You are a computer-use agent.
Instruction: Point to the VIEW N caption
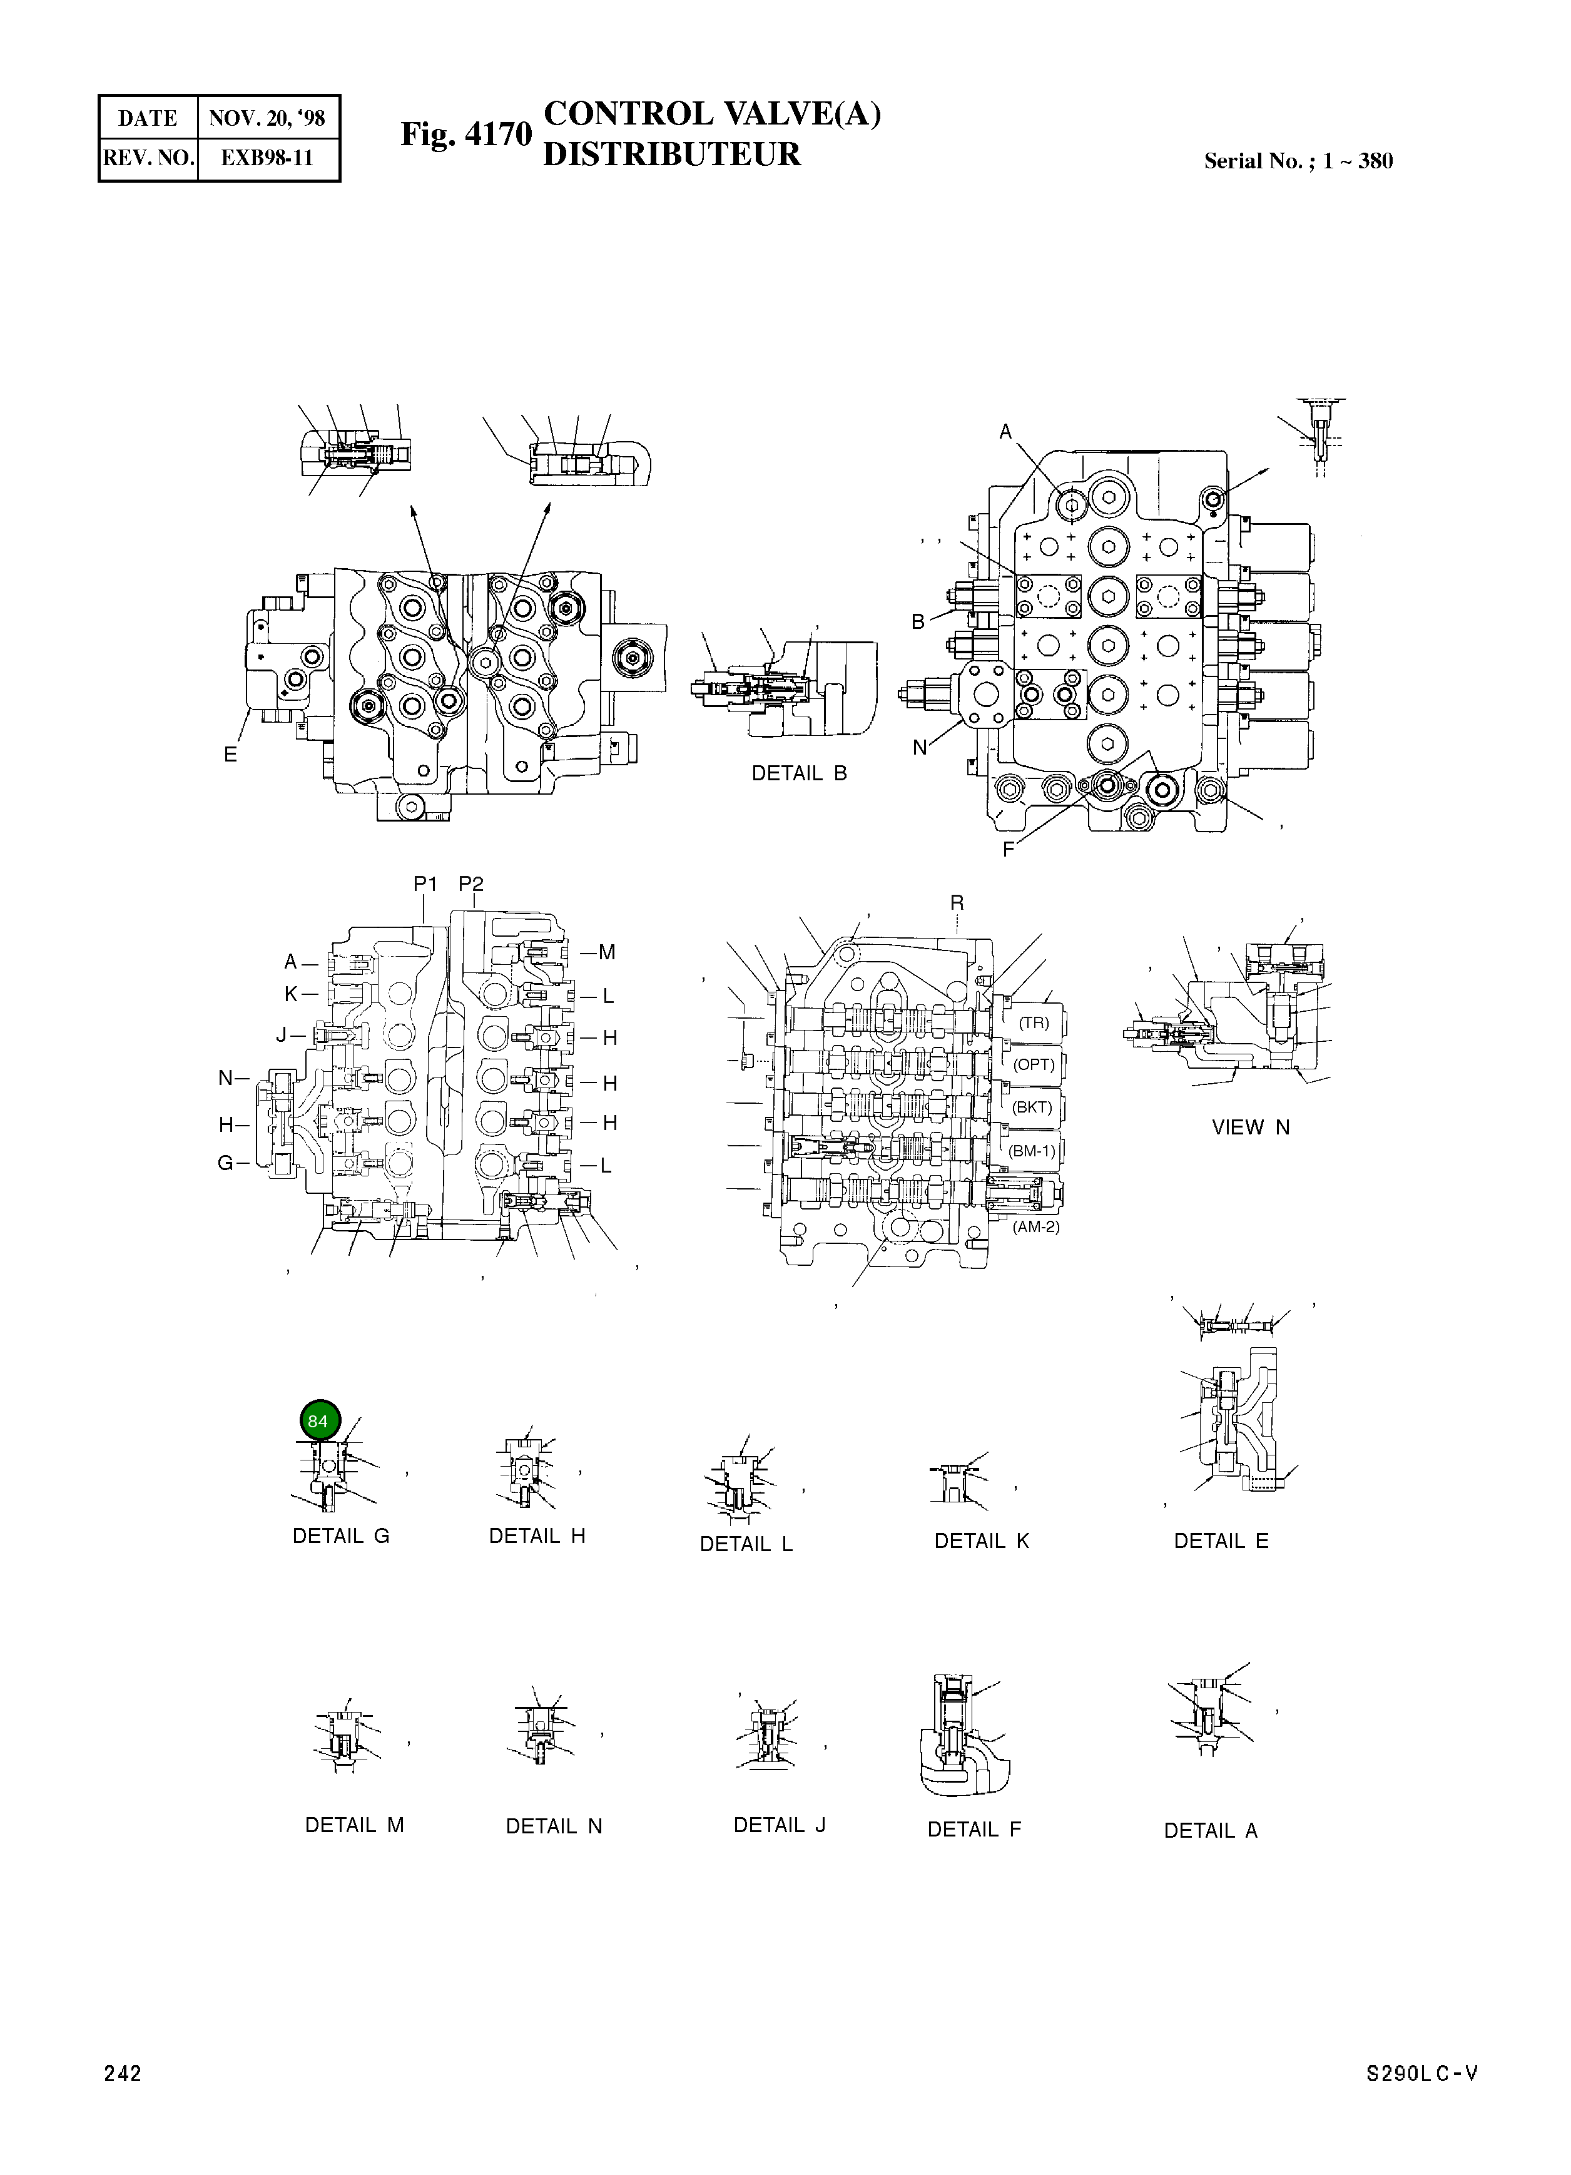point(1251,1128)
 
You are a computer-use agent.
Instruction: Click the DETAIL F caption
point(974,1830)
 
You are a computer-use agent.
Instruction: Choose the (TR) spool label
point(1034,1022)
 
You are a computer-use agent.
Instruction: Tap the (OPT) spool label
point(1034,1064)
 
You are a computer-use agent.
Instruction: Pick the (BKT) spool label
point(1033,1107)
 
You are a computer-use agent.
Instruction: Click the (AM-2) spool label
point(1036,1226)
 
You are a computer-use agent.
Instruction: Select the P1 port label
point(425,884)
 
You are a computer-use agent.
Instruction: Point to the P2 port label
point(471,884)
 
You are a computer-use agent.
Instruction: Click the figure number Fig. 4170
point(466,135)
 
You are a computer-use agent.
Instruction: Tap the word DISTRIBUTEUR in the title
point(671,155)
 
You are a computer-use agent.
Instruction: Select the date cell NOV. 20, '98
point(268,118)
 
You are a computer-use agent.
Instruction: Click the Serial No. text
point(1298,161)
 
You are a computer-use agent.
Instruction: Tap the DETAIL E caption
point(1221,1541)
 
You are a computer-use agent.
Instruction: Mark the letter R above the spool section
point(957,902)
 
